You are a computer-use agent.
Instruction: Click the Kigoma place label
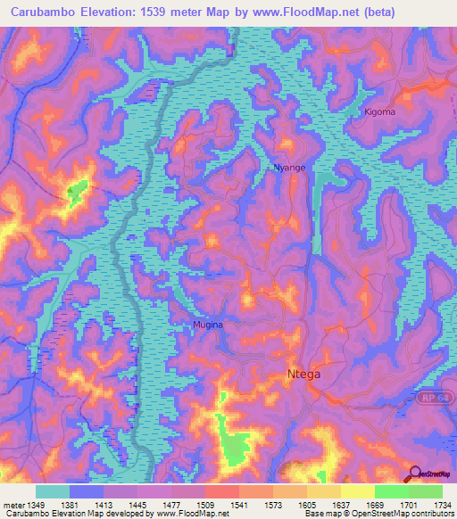point(379,112)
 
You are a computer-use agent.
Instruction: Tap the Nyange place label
point(289,168)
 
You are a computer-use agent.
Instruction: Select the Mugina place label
point(207,325)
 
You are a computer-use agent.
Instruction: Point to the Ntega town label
point(303,375)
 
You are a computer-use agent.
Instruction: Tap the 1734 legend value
point(442,506)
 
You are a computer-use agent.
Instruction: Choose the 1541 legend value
point(238,506)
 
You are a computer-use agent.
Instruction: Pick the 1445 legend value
point(137,506)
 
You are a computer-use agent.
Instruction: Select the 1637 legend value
point(340,506)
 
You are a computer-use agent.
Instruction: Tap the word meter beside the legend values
point(12,506)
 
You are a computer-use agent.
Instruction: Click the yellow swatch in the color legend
point(357,491)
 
